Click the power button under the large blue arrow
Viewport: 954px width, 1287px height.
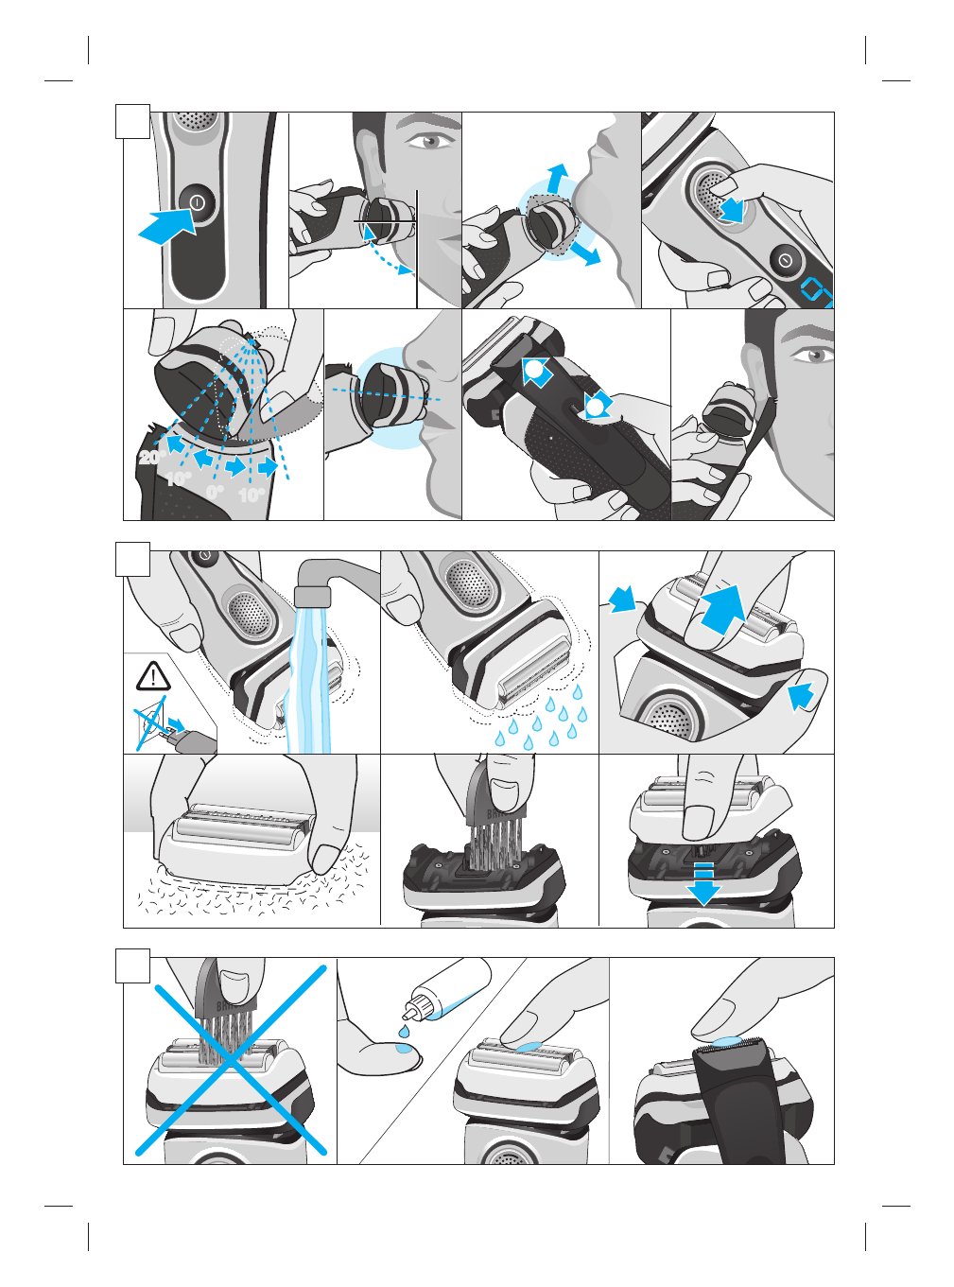coord(198,202)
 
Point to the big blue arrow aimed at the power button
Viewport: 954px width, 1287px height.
coord(166,227)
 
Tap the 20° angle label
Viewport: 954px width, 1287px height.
coord(151,458)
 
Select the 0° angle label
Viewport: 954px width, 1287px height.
coord(216,492)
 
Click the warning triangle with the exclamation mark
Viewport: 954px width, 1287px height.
coord(152,676)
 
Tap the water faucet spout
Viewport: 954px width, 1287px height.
coord(312,595)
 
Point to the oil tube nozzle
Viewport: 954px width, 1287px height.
coord(412,1005)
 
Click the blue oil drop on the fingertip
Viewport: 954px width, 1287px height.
coord(404,1048)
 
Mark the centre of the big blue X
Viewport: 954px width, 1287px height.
coord(230,1058)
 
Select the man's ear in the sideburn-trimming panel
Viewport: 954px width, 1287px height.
coord(754,372)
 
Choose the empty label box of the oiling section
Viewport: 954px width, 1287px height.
coord(133,965)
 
